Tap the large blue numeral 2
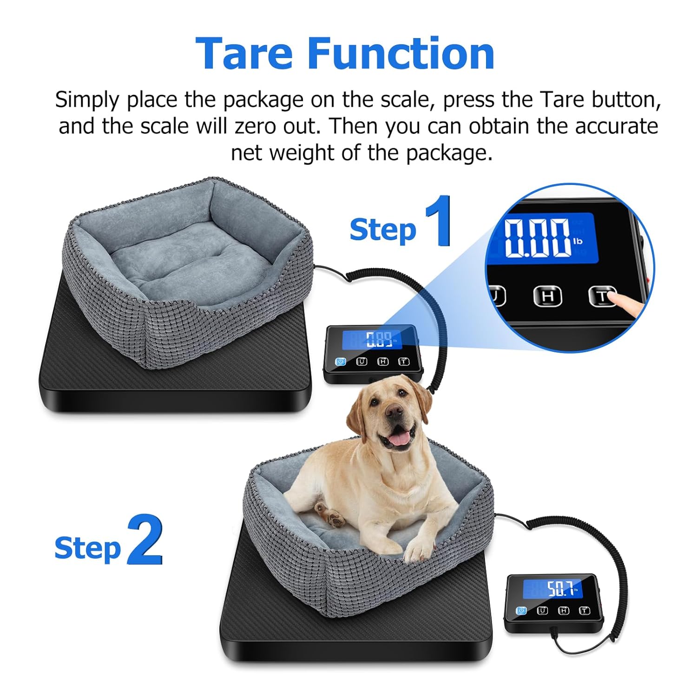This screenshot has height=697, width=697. [x=145, y=540]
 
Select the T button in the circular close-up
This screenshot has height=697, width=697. [x=602, y=296]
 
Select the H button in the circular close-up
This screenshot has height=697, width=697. [x=547, y=296]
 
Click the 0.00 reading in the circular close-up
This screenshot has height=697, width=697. [x=537, y=238]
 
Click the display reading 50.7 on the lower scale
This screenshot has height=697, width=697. [x=561, y=590]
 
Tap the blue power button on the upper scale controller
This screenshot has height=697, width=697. [x=341, y=362]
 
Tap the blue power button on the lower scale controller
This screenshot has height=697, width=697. [x=521, y=611]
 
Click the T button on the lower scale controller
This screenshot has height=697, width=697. [x=584, y=611]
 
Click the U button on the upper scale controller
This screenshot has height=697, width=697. [x=362, y=362]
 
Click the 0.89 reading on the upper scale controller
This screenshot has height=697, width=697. [x=378, y=340]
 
